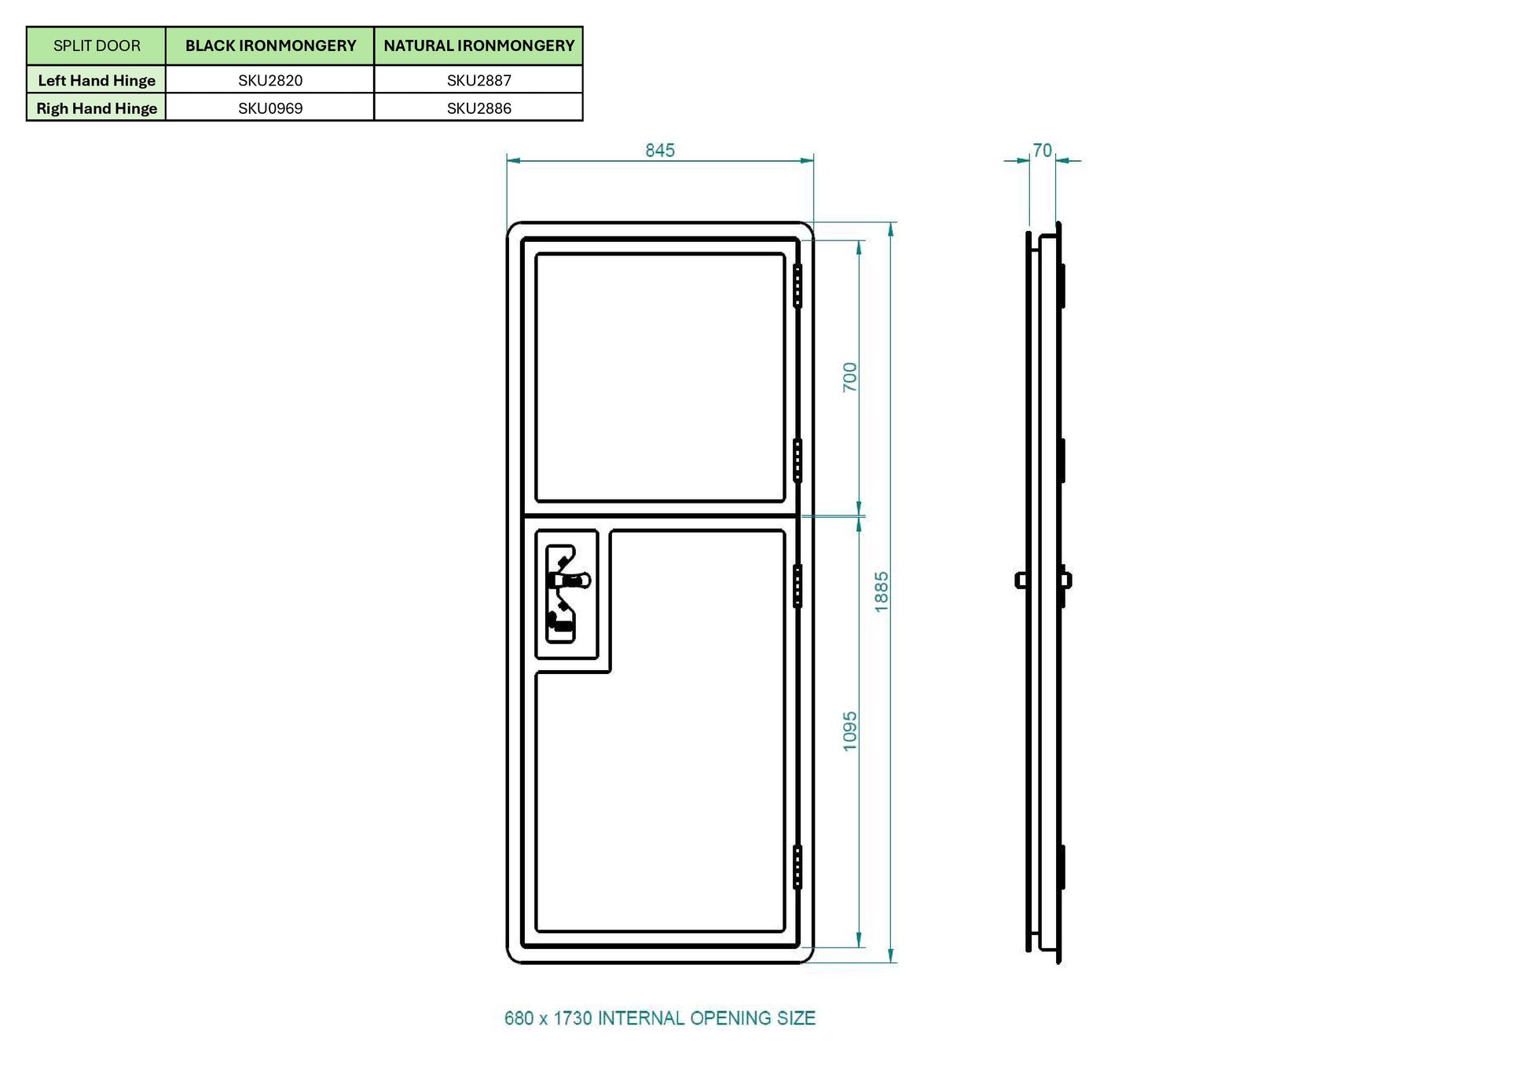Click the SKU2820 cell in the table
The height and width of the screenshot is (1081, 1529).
[x=270, y=80]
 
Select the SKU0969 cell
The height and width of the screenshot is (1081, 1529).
[x=270, y=108]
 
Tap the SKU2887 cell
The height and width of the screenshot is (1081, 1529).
[x=478, y=80]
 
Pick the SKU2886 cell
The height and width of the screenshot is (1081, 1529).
[x=478, y=108]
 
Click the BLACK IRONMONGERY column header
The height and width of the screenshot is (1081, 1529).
[x=270, y=46]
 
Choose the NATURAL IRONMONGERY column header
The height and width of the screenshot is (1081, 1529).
[x=478, y=46]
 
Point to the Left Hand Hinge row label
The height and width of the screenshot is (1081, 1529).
[x=97, y=80]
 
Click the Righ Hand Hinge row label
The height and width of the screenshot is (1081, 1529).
[x=97, y=108]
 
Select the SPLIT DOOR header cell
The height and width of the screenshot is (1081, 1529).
[x=97, y=46]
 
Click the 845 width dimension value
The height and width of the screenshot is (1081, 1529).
[x=660, y=150]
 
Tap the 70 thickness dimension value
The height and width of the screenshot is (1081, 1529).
[x=1042, y=150]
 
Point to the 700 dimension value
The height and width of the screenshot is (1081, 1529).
[x=850, y=377]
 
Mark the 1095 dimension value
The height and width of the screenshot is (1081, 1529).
[x=850, y=731]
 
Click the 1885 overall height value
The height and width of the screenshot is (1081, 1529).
[x=882, y=592]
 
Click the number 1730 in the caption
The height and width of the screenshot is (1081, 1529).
[x=573, y=1018]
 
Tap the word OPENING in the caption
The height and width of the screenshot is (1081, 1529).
[x=731, y=1018]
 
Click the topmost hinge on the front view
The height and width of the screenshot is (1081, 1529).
[x=797, y=286]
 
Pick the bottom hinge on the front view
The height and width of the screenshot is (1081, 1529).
[x=797, y=867]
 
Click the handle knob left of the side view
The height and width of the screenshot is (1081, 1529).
[x=1021, y=581]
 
